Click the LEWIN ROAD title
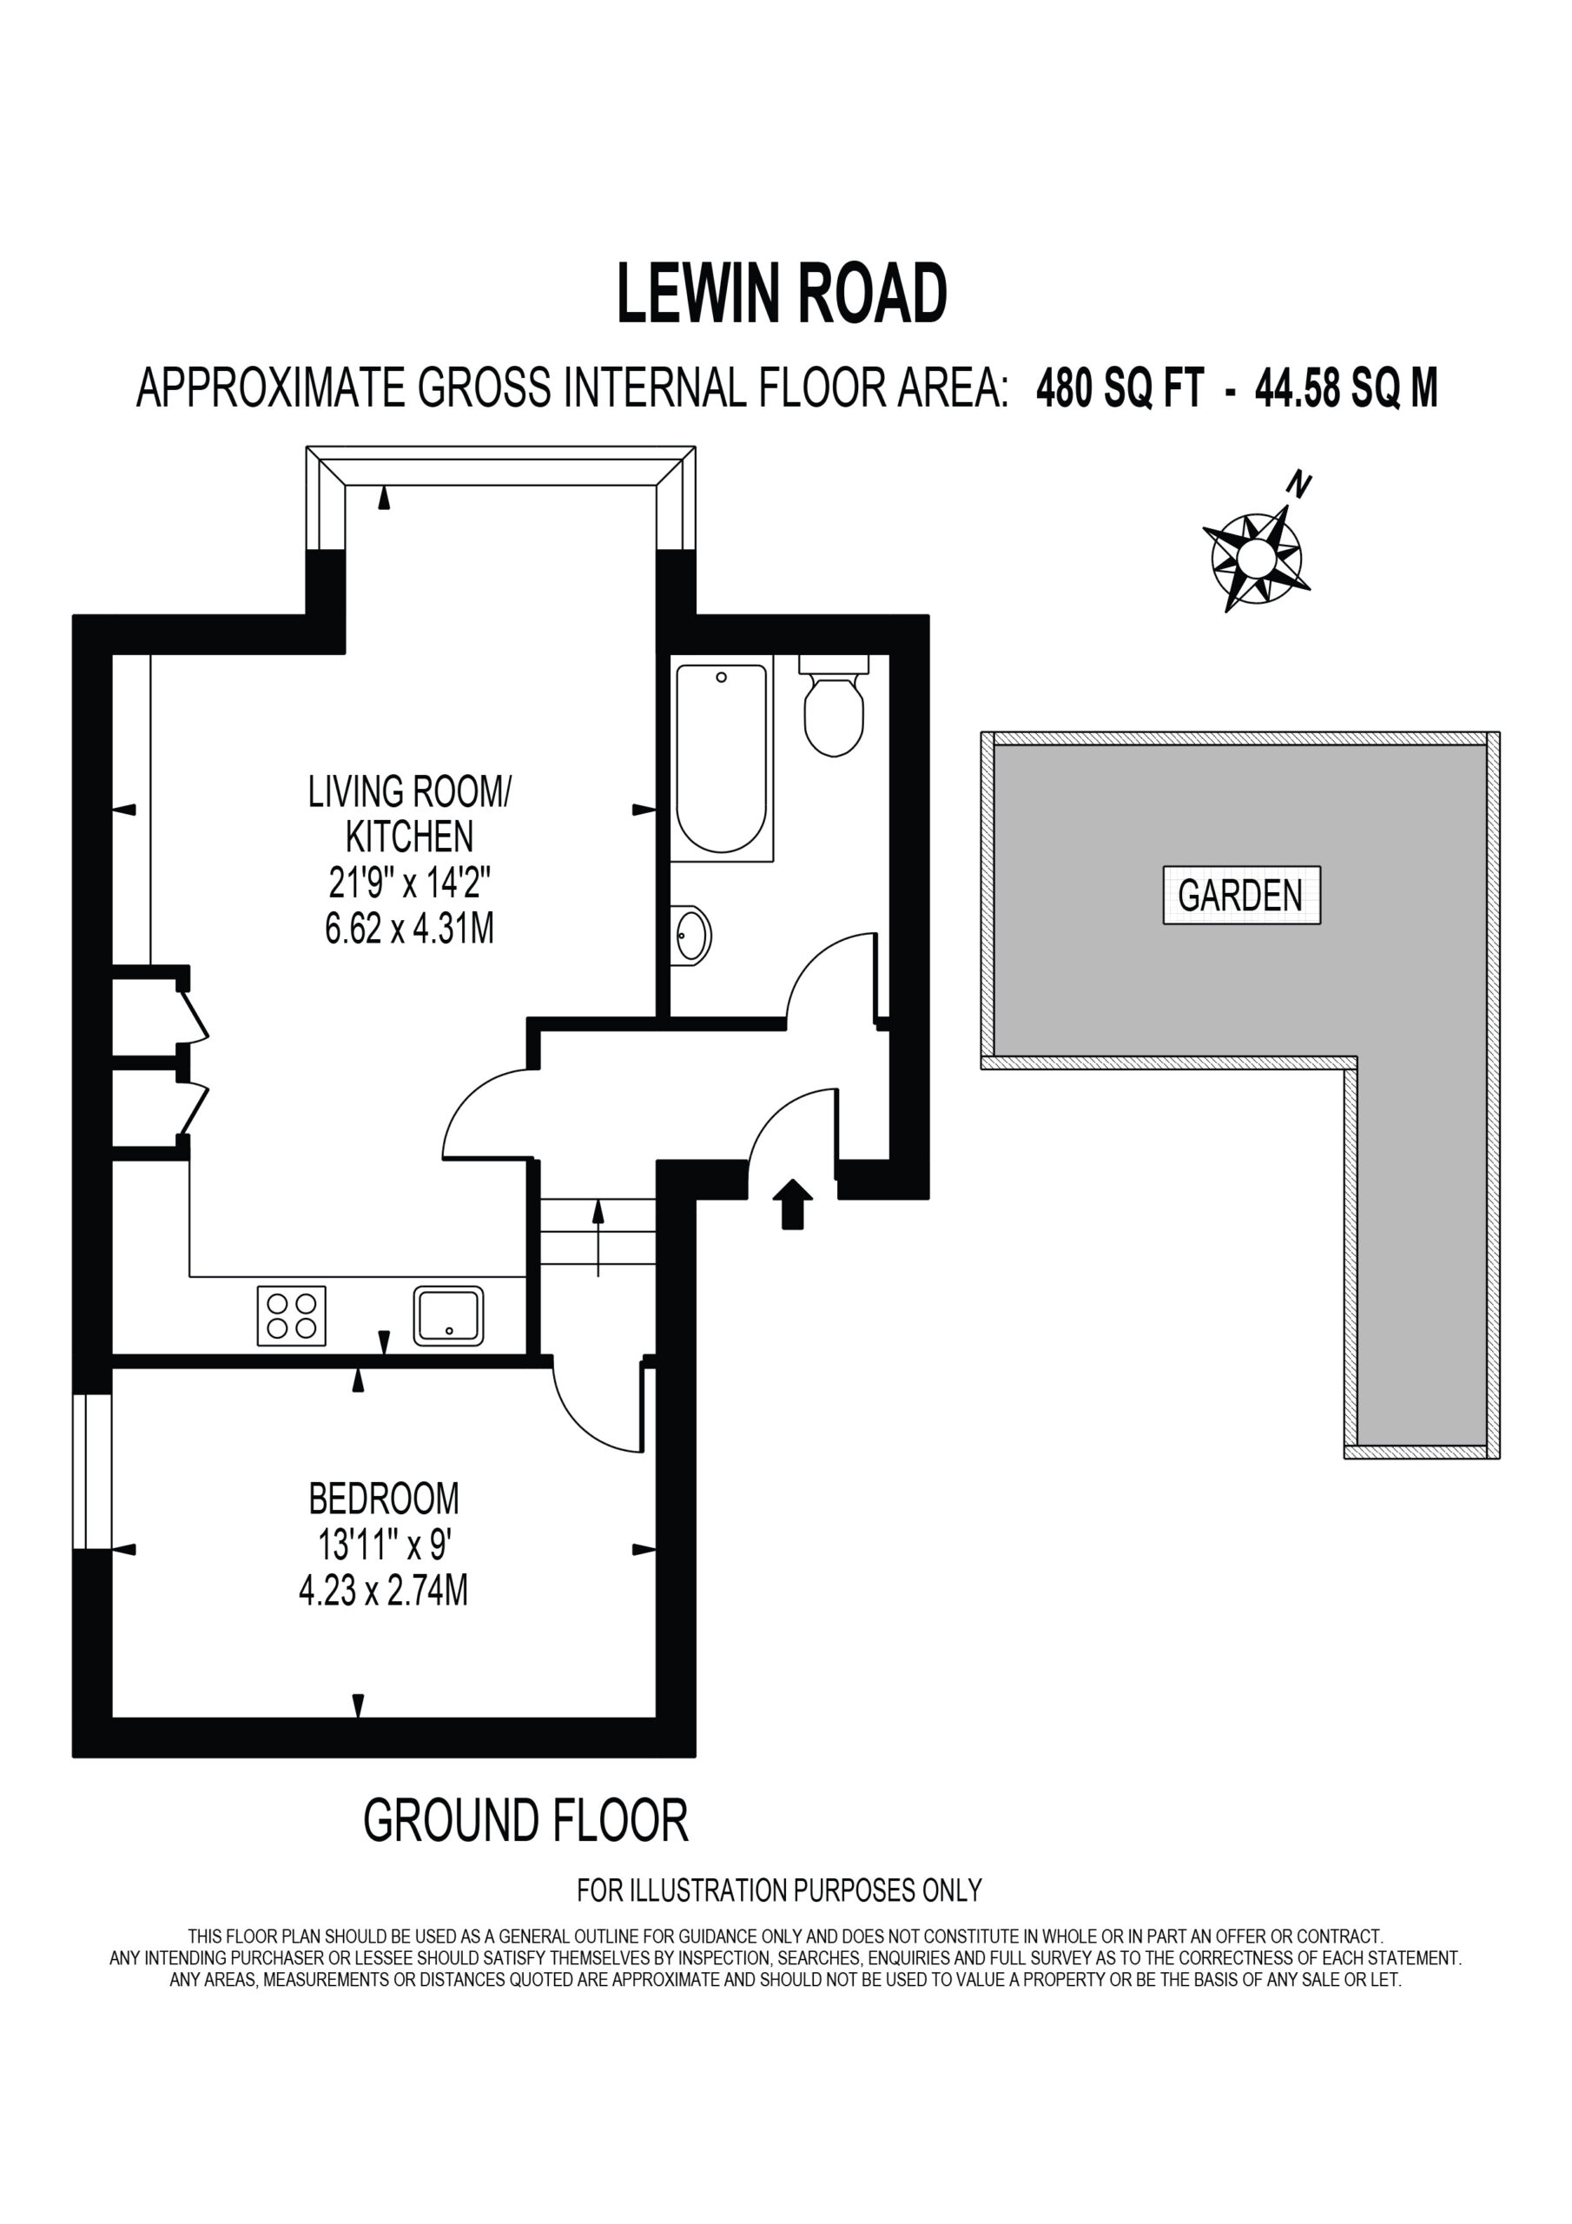tap(782, 295)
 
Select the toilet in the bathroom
tap(833, 706)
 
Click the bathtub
tap(723, 758)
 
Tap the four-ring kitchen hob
tap(292, 1315)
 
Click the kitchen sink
tap(448, 1315)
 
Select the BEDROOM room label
tap(384, 1499)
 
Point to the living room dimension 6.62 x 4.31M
tap(410, 929)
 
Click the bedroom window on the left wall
tap(93, 1472)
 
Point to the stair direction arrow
tap(598, 1237)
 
